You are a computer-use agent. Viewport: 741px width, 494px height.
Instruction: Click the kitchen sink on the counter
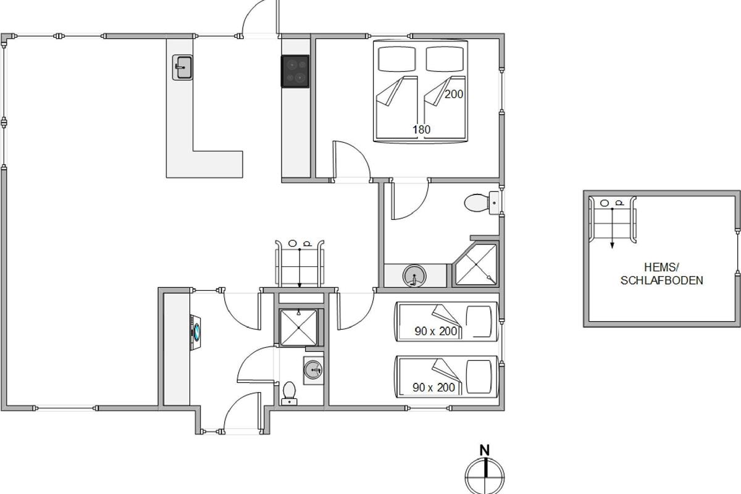(182, 67)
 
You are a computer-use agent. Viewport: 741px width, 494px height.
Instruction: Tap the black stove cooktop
(295, 72)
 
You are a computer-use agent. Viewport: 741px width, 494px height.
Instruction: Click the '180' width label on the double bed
(421, 130)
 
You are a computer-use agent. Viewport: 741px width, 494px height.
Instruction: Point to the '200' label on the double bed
(453, 94)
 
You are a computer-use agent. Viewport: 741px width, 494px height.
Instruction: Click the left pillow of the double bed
(396, 59)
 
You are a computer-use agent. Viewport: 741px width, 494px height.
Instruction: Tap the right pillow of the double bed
(445, 59)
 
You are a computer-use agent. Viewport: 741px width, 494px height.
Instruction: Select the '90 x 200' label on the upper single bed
(436, 331)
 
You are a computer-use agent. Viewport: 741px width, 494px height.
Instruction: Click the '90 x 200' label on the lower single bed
(433, 387)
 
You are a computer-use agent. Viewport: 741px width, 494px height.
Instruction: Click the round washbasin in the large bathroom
(414, 275)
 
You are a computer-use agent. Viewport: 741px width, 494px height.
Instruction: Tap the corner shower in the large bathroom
(475, 264)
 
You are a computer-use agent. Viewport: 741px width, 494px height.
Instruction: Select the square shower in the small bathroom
(298, 327)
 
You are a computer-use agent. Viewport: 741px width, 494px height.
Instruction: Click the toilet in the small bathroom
(289, 393)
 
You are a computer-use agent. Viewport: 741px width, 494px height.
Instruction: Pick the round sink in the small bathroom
(313, 370)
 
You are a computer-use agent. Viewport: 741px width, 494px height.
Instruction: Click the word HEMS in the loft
(661, 267)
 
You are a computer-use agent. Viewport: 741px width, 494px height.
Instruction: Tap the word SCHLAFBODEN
(661, 280)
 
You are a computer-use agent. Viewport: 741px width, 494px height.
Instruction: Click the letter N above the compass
(485, 451)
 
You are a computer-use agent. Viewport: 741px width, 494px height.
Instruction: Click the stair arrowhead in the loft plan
(612, 245)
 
